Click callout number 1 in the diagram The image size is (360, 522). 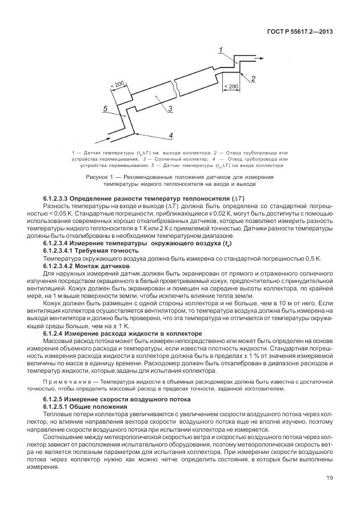221,51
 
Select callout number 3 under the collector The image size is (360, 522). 170,109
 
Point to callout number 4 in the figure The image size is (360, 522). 170,136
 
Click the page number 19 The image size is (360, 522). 329,494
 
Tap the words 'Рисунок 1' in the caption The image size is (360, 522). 101,177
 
